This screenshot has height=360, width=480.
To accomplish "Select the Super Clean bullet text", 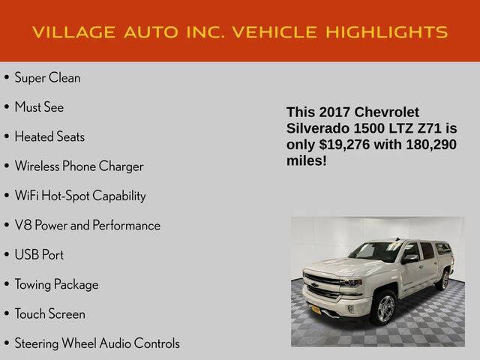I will point(47,77).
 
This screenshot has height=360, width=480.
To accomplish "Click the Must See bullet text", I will point(39,107).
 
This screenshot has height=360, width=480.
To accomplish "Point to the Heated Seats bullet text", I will point(49,136).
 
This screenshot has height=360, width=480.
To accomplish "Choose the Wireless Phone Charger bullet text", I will point(79,166).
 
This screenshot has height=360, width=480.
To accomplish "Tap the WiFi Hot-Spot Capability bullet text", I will point(80,196).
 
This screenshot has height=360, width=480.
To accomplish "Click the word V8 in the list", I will point(22,225).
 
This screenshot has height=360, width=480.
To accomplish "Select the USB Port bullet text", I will point(39,255).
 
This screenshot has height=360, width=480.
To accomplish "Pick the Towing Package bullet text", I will point(56,284).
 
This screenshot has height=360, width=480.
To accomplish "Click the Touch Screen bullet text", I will point(49,314).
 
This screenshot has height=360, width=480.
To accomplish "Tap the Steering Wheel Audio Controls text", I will point(97,343).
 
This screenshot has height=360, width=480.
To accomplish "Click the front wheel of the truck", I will point(383,307).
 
